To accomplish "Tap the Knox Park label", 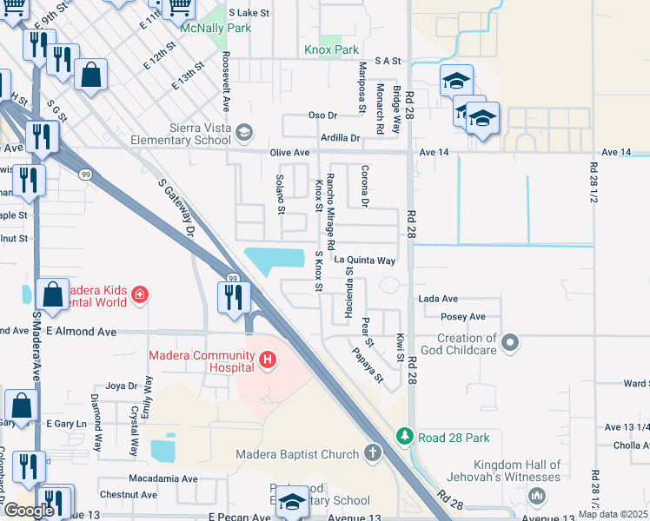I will pos(331,50).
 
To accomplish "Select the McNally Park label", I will pos(215,29).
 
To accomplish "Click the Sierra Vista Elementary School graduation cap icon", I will pos(245,132).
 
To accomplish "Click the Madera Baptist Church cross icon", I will pos(372,452).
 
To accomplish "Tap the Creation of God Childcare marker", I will pos(511,343).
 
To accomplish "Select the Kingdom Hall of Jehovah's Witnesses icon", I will pos(537,496).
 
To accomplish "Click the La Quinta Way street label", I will pos(366,260).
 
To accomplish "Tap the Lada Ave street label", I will pos(438,299).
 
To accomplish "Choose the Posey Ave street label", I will pos(463,317).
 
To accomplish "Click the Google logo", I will pos(28,509).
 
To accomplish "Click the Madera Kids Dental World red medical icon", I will pos(139,297).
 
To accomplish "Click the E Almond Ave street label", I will pos(83,332).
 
